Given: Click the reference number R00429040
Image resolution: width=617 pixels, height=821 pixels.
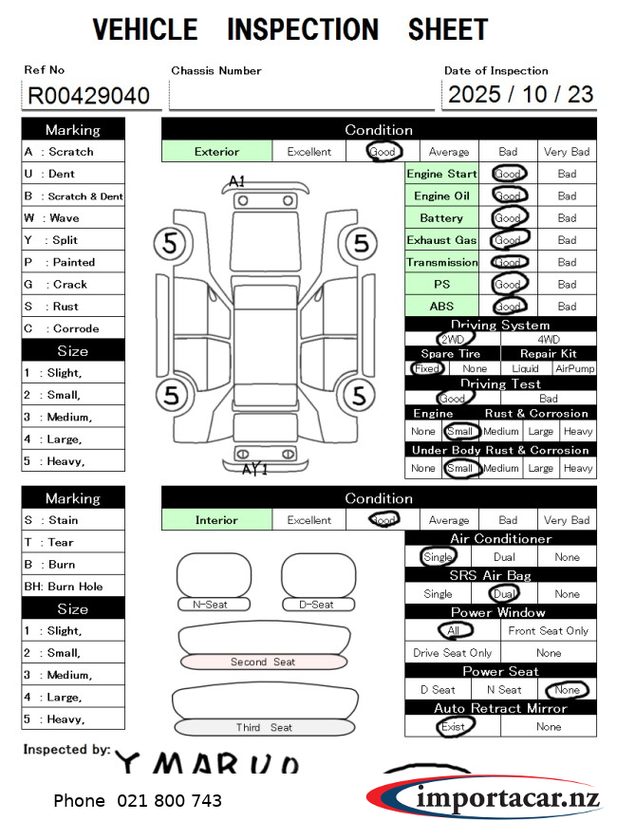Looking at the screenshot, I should tap(88, 96).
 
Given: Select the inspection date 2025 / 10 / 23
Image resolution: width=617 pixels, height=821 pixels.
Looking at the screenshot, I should tap(520, 95).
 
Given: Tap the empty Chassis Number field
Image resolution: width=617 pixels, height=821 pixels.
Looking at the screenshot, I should tap(300, 95).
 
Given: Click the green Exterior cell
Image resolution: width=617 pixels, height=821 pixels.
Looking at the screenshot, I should tap(216, 151).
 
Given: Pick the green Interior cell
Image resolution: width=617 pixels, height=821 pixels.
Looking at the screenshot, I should tap(216, 520).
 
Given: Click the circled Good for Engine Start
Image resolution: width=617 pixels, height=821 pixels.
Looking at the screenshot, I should tap(508, 174).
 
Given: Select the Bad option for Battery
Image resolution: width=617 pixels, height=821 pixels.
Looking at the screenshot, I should tap(567, 218).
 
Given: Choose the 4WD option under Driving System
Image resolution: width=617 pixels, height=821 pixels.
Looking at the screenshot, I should tap(549, 339).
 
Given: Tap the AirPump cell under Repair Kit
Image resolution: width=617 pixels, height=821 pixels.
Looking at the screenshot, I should tap(575, 368).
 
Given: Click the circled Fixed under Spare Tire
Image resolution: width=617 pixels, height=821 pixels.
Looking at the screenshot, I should tap(427, 368).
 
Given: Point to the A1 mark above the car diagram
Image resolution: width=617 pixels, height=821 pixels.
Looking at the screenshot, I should tap(236, 180).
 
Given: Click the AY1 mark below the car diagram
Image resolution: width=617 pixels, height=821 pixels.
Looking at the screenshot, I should tap(255, 469).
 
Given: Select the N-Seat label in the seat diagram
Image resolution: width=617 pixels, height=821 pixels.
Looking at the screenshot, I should tap(210, 605).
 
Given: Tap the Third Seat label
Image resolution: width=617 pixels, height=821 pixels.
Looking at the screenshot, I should tap(264, 728).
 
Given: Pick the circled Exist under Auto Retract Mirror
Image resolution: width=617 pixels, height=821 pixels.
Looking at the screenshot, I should tap(453, 727).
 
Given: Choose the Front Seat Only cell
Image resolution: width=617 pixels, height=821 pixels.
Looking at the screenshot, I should tap(549, 631).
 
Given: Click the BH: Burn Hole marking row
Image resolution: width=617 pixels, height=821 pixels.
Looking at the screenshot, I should tap(73, 587).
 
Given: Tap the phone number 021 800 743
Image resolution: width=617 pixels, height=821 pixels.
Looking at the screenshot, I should tap(138, 801).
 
